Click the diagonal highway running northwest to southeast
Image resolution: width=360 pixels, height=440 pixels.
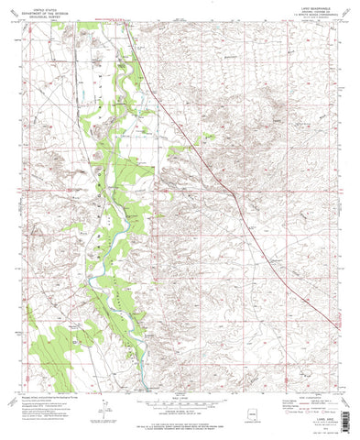point(229,183)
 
